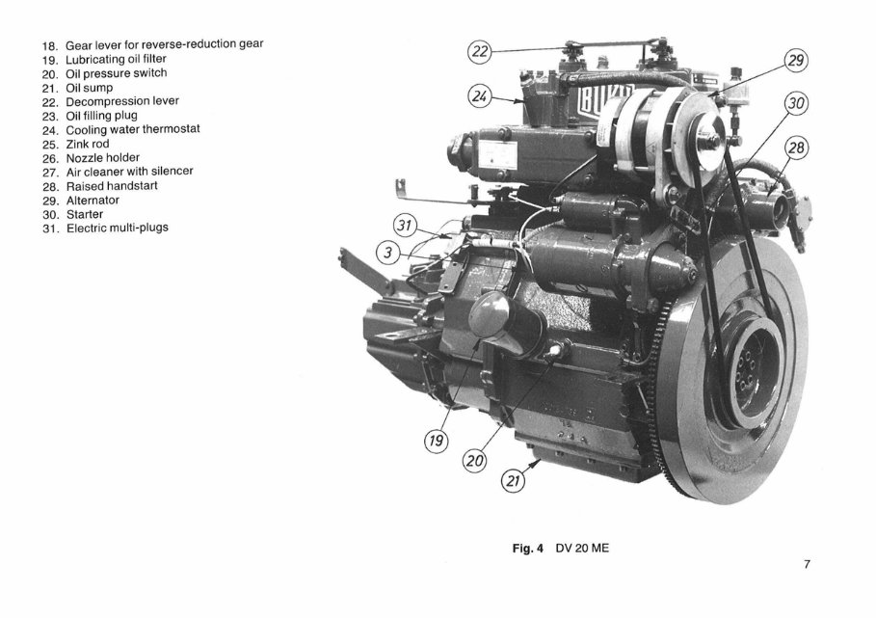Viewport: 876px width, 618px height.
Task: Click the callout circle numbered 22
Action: tap(480, 52)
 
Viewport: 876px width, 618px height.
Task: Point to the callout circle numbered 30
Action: tap(795, 103)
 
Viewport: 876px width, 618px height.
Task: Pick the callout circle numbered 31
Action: tap(408, 227)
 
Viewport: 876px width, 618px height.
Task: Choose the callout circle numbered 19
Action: tap(437, 441)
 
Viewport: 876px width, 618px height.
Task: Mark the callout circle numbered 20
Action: tap(474, 461)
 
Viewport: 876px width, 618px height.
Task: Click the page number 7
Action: tap(807, 565)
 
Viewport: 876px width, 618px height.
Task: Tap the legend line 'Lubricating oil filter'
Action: tap(116, 59)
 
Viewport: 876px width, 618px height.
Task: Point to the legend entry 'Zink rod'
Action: tap(87, 143)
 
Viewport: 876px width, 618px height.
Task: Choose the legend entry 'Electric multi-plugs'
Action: tap(117, 228)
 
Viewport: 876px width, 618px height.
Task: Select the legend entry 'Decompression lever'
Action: tap(121, 100)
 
